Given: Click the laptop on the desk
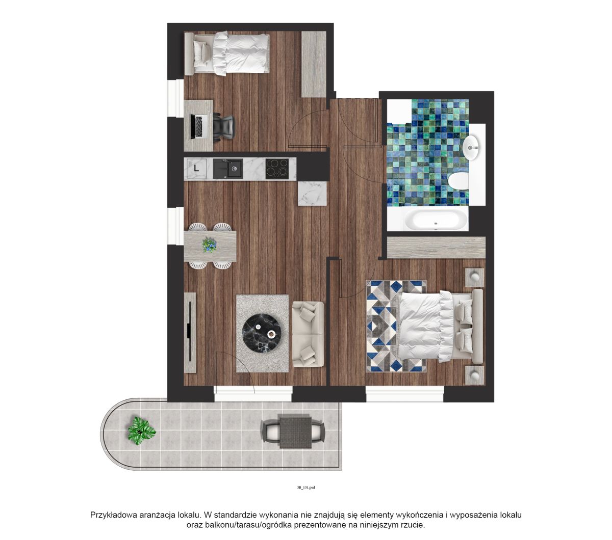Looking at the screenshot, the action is click(x=197, y=127).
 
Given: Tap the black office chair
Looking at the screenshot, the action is click(x=223, y=127).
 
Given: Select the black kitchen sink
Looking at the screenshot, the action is click(x=228, y=169).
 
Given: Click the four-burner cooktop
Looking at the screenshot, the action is click(x=277, y=169).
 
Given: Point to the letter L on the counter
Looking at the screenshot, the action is click(x=196, y=168).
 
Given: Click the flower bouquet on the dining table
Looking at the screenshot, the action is click(x=210, y=245).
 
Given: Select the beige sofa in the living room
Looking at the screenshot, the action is click(x=308, y=334).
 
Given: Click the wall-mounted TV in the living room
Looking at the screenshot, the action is click(x=190, y=332).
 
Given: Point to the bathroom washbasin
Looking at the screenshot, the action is click(x=472, y=148).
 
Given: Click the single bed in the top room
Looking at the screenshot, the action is click(x=226, y=53).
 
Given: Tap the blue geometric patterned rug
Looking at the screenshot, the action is click(x=396, y=326).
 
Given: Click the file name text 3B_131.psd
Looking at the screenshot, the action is click(x=305, y=487).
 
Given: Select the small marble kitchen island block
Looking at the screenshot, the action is click(x=312, y=193).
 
